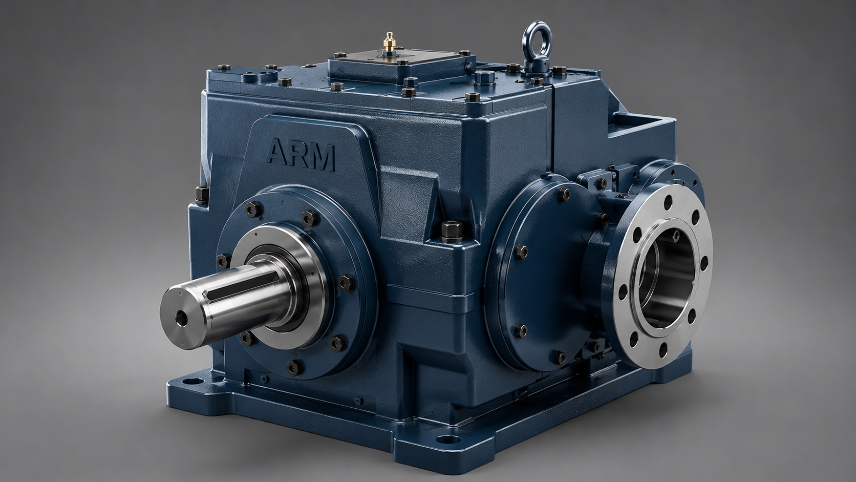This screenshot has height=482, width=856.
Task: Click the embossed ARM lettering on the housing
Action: (x=301, y=155)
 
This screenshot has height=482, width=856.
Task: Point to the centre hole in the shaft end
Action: (x=181, y=318)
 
